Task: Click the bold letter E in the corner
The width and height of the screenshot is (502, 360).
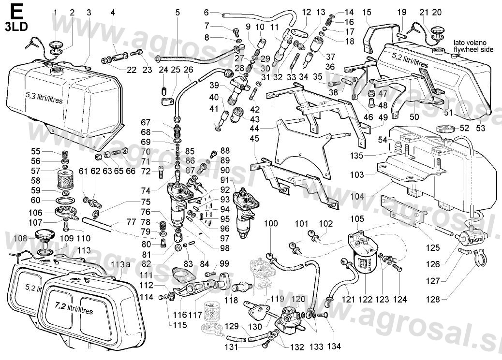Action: point(15,10)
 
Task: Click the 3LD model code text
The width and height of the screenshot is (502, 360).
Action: point(16,26)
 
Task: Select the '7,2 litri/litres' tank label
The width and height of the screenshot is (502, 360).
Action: point(74,306)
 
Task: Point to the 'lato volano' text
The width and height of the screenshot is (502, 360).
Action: point(467,43)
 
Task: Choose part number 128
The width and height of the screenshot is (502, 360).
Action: point(433,300)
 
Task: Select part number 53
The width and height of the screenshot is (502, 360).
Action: point(480,128)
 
